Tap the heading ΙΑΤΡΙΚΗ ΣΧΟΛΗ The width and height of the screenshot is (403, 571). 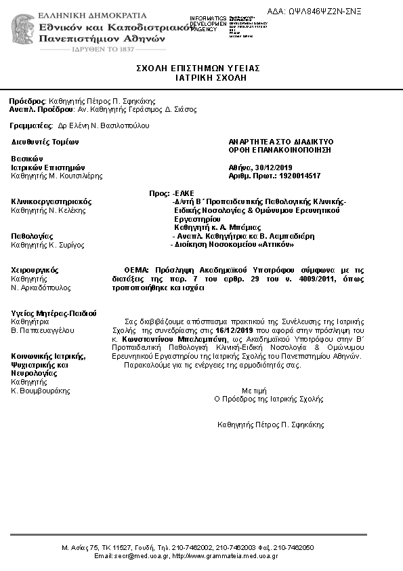(198, 78)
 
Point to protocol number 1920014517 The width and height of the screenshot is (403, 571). (295, 176)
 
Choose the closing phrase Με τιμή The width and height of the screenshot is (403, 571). (255, 391)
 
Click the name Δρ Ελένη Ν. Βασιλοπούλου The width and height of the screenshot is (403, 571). (104, 125)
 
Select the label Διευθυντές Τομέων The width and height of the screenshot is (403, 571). (45, 142)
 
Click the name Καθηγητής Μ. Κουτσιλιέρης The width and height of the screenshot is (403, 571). (57, 176)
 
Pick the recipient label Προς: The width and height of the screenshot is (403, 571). (158, 193)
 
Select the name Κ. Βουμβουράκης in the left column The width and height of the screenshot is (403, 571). (41, 391)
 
